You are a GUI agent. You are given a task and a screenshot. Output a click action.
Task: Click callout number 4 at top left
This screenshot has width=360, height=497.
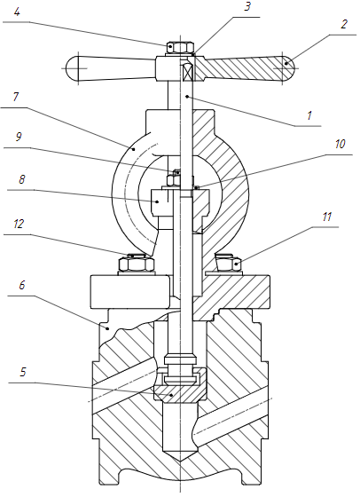[17, 12]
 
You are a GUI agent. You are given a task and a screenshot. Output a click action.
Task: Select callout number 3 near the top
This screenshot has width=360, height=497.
[248, 7]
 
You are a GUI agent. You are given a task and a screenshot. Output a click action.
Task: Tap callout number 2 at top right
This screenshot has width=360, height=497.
[344, 24]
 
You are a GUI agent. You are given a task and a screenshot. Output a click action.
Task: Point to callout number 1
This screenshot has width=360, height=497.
[309, 115]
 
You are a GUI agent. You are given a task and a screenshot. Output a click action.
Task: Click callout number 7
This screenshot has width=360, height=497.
[16, 97]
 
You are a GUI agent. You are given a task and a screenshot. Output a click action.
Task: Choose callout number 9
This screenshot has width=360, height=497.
[19, 137]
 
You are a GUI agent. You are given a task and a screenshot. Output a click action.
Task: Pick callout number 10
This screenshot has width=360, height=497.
[340, 144]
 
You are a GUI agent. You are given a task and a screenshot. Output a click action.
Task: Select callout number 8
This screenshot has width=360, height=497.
[21, 179]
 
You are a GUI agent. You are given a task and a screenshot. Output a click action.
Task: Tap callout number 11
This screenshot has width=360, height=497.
[327, 217]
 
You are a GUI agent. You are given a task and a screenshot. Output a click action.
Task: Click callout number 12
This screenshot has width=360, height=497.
[19, 224]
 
